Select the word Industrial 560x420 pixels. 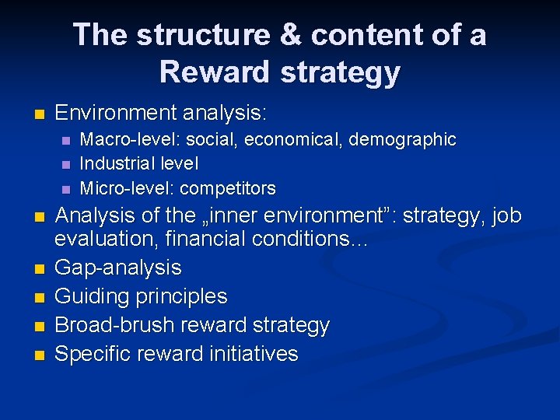(x=117, y=164)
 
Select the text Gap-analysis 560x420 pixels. (x=118, y=268)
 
